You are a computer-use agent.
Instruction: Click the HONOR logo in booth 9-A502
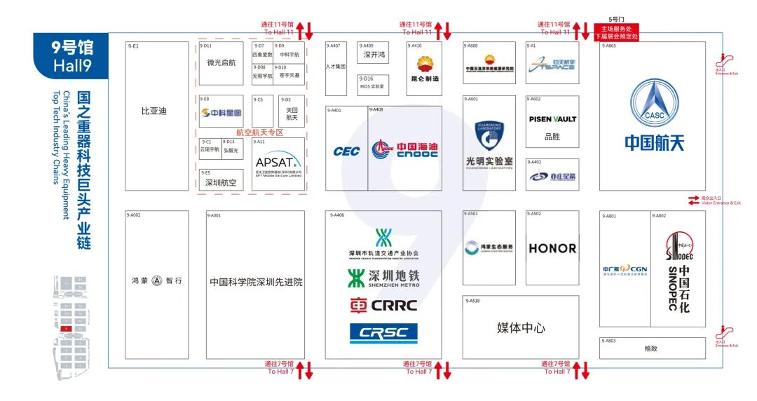pos(552,248)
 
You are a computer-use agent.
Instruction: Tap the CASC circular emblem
pos(654,105)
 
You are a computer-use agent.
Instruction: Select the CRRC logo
pos(383,306)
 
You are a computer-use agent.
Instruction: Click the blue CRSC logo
pos(383,333)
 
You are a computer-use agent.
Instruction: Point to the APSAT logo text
pos(278,161)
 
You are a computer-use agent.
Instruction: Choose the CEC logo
pos(346,151)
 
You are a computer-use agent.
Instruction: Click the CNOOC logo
pos(405,149)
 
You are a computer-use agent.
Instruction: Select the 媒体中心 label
pos(521,328)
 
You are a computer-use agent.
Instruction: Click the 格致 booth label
pos(652,348)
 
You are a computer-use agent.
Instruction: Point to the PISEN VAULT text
pos(552,119)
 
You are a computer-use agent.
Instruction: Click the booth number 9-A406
pos(337,215)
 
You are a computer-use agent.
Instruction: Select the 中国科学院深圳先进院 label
pos(256,282)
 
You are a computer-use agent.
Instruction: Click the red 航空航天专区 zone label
pos(259,132)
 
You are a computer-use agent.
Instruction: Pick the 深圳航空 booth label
pos(221,183)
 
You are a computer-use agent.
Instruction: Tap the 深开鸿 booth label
pos(374,55)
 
